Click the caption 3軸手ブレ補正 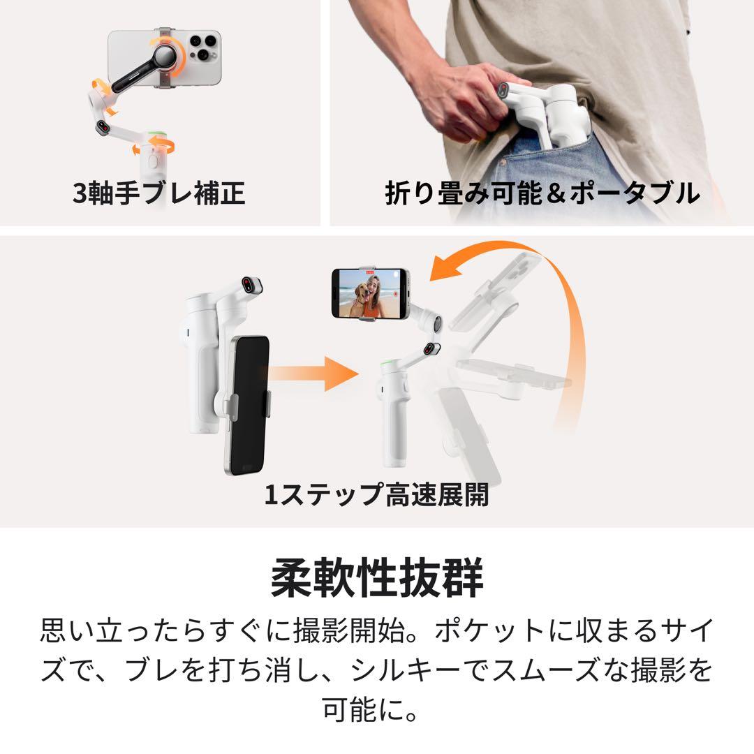[159, 193]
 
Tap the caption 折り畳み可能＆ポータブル [542, 193]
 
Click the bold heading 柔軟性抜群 [376, 578]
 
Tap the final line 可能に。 [376, 708]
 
